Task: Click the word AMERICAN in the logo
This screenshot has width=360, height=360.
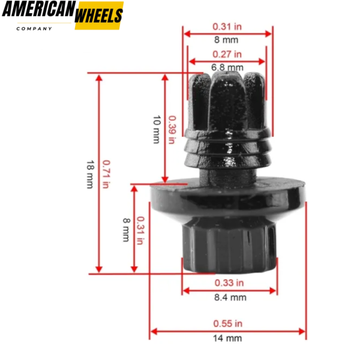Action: coord(39,9)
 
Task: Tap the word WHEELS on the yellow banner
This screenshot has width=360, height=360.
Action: coord(99,16)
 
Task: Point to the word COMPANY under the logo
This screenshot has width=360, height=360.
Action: coord(34,29)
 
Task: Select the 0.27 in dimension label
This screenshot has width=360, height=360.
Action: coord(227,54)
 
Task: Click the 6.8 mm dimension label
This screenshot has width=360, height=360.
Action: coord(227,67)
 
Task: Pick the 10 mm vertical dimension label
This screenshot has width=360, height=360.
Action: coord(157,130)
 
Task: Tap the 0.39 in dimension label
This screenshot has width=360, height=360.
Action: coord(172,130)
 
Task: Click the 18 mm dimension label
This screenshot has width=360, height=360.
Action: coord(90,175)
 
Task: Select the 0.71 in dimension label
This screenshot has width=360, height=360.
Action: coord(106,174)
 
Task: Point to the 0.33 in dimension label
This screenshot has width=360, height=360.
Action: coord(229,283)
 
